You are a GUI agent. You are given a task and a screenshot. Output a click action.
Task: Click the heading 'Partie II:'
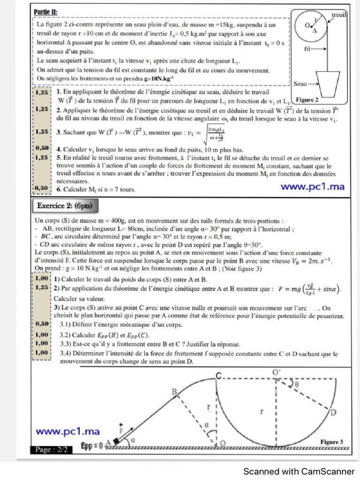[x=47, y=12]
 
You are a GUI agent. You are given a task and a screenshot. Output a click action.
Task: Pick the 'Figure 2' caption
[x=308, y=100]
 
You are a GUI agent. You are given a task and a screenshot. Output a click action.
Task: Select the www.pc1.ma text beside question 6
[x=312, y=187]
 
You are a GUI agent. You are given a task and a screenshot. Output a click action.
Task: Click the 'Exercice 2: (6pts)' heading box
[x=65, y=205]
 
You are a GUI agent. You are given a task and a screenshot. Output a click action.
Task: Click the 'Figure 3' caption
[x=332, y=442]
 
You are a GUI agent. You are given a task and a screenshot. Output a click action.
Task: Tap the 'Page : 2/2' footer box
[x=51, y=450]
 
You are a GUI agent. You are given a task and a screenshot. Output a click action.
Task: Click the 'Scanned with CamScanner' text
[x=299, y=471]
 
